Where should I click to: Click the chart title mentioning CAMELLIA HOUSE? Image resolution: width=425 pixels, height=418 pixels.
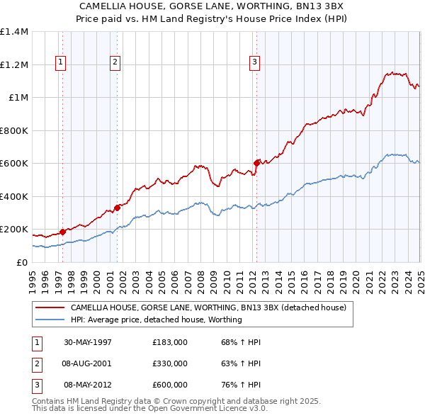pyautogui.click(x=212, y=9)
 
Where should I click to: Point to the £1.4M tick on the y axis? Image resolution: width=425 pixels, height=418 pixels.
pyautogui.click(x=14, y=32)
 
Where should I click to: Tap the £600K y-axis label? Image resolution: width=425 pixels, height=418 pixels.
pyautogui.click(x=13, y=164)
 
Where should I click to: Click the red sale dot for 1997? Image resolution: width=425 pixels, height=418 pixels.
pyautogui.click(x=62, y=232)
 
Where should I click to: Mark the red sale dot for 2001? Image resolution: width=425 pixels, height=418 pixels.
pyautogui.click(x=117, y=208)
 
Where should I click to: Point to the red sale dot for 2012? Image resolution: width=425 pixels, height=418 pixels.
pyautogui.click(x=256, y=163)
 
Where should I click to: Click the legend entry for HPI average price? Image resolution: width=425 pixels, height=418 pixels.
pyautogui.click(x=156, y=320)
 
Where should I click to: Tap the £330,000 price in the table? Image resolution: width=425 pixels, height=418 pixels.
pyautogui.click(x=170, y=363)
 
